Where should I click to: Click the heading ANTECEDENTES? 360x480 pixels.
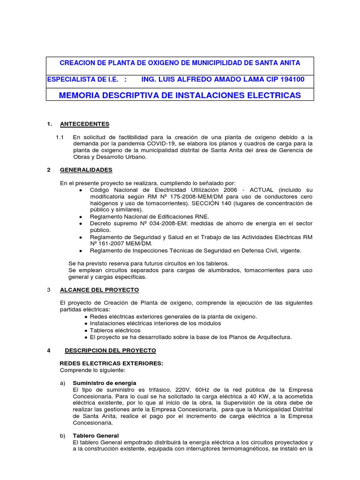84,124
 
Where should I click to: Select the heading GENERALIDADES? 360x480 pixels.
86,170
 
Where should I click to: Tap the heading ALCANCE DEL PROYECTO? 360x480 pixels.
99,290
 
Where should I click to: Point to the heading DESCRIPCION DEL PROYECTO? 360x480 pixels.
110,350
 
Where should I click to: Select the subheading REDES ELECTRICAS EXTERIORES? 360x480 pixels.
112,363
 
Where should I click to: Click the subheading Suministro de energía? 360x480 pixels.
105,383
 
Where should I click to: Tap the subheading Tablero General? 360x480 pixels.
96,435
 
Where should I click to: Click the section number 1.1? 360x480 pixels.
60,137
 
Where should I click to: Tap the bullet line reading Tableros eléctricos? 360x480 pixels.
112,330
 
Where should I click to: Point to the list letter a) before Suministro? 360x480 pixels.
63,383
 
